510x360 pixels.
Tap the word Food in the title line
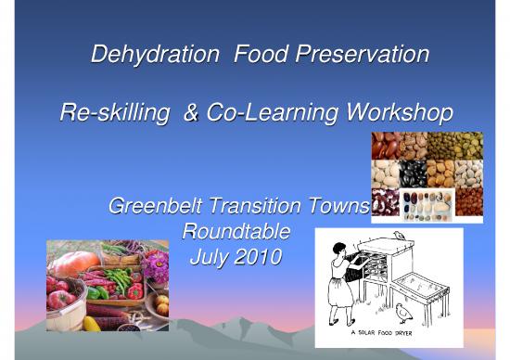point(265,55)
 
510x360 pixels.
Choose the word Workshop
point(393,114)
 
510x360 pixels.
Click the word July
point(209,253)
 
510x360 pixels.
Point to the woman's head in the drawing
point(338,249)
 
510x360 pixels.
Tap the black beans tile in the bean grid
point(413,174)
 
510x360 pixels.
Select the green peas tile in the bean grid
point(441,145)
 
